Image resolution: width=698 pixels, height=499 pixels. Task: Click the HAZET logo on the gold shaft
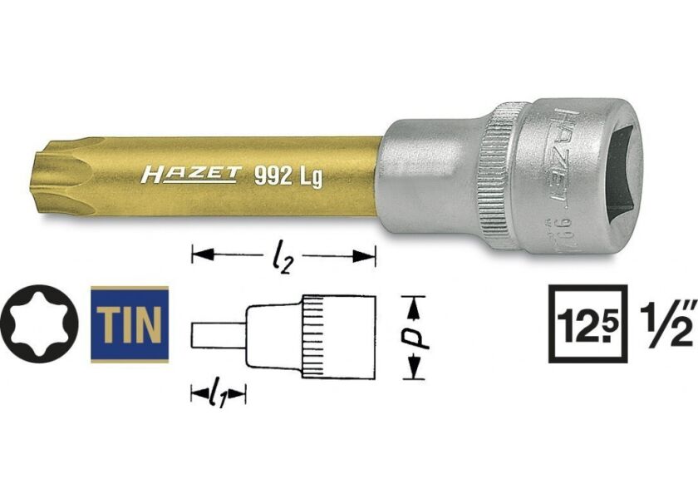point(189,175)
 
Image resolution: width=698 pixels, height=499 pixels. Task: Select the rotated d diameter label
point(421,336)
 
